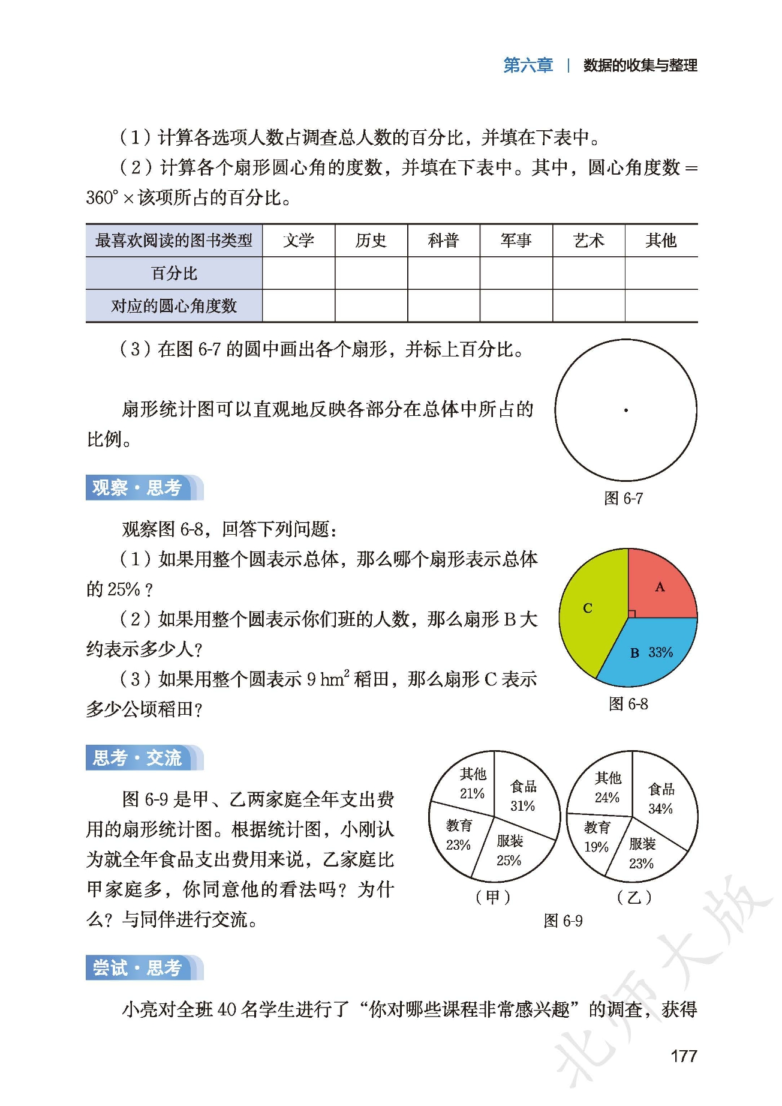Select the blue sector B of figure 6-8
pos(648,654)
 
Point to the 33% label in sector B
pos(660,652)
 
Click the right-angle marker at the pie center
pos(631,614)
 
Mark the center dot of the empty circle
pos(625,410)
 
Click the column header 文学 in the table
pos(299,241)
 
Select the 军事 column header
pos(516,241)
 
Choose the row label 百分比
pos(174,274)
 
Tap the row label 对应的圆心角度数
pos(174,306)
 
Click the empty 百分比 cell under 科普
pos(443,274)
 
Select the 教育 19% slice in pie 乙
pos(597,838)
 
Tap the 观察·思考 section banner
pos(138,488)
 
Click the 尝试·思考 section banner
pos(138,967)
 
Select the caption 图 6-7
pos(623,498)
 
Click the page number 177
pos(683,1056)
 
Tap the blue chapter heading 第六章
pos(528,65)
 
